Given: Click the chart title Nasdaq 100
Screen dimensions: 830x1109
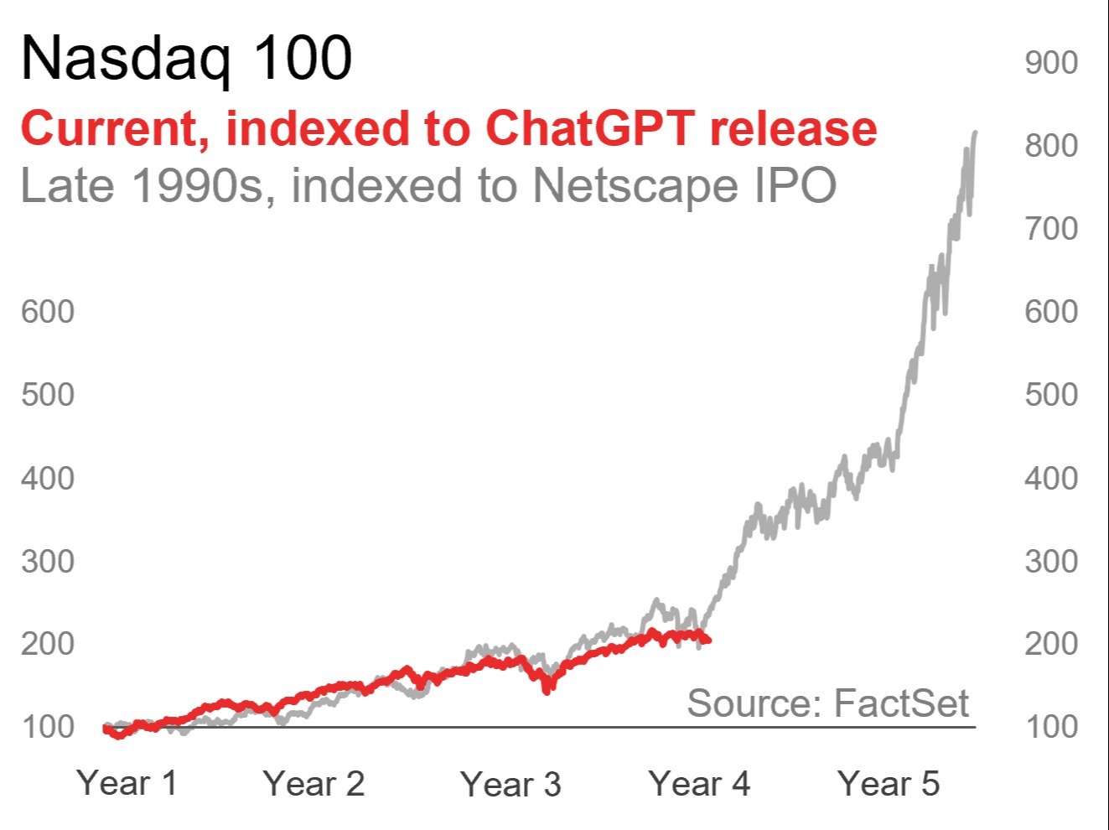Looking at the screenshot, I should (186, 59).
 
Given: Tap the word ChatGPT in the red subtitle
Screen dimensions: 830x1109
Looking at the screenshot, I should (590, 128).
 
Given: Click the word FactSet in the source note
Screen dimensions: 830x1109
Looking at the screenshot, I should (902, 703).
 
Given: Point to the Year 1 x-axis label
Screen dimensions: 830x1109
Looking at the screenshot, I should (127, 783).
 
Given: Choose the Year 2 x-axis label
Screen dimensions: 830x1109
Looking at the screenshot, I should (314, 784).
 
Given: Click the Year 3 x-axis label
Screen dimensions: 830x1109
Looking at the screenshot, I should (510, 784).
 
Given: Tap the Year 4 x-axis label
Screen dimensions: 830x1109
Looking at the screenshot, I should (699, 784).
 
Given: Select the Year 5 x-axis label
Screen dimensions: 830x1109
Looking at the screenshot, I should (889, 784).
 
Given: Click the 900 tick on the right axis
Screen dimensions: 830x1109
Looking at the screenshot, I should (1051, 63).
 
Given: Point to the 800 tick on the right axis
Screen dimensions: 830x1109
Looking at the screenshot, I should (1051, 146).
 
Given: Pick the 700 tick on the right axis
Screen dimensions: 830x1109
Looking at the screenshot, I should (1051, 228).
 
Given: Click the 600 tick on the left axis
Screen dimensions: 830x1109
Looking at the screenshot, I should (48, 312).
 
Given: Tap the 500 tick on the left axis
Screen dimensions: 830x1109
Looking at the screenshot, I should (48, 394).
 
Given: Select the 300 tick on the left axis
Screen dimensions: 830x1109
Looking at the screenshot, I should (48, 561).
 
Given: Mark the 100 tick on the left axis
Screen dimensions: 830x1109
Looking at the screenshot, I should (48, 726).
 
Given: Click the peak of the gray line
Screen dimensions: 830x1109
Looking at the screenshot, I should (974, 132).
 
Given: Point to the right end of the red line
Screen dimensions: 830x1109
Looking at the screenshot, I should (708, 641).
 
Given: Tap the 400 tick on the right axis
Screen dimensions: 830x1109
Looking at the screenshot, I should (1051, 479).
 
